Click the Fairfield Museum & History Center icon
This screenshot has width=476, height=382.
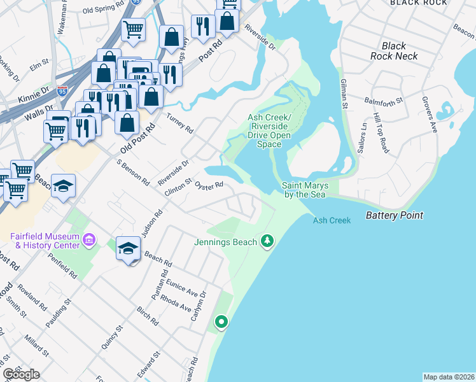88,240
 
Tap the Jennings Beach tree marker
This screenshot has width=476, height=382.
268,241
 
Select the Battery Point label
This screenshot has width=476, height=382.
394,216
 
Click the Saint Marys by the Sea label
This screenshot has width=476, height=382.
305,190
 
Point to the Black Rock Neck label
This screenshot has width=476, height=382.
394,51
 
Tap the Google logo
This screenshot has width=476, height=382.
21,374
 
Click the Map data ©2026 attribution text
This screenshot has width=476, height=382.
449,377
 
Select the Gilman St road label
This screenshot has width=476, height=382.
344,93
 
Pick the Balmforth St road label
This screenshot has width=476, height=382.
384,101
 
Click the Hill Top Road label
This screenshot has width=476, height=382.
381,134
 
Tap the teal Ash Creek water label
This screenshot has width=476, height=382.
332,220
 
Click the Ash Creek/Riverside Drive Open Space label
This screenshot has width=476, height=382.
269,131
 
